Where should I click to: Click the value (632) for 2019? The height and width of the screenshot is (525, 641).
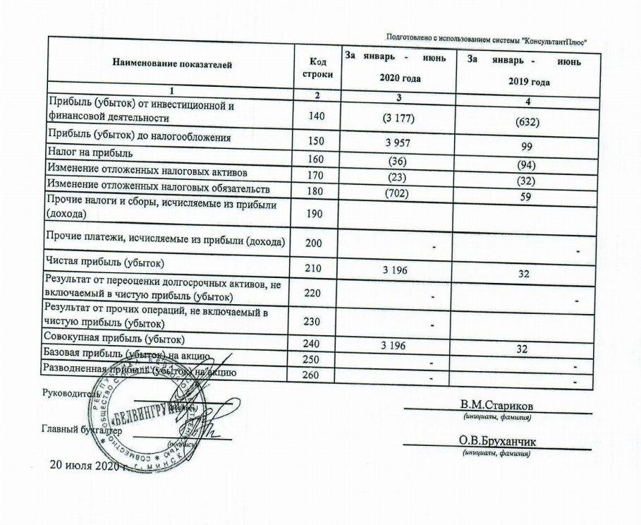[526, 121]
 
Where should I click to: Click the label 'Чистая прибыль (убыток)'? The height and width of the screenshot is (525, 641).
[106, 263]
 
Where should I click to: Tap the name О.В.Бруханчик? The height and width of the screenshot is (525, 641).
[496, 441]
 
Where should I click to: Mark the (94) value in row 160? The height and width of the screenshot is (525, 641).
[526, 166]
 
